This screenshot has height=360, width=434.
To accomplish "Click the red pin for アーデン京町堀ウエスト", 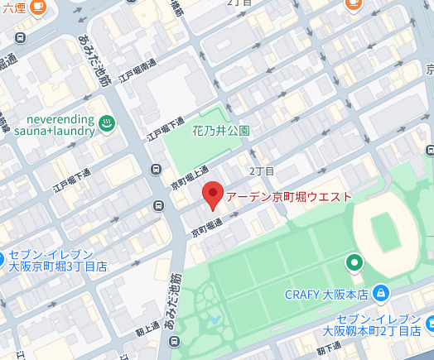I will click(212, 194).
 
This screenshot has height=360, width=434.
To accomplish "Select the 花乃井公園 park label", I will click(221, 131).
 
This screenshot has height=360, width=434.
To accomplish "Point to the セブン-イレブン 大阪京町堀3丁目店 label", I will click(57, 261).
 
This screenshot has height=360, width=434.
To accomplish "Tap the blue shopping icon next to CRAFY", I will click(380, 292).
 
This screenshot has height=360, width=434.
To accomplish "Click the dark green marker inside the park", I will click(354, 263).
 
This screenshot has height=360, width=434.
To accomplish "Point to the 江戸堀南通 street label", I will click(137, 70).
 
